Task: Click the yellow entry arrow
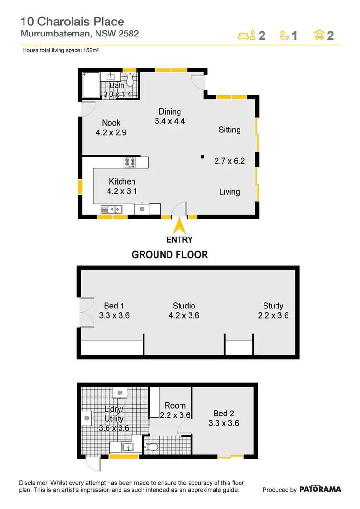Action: [180, 225]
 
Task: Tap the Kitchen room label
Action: [122, 182]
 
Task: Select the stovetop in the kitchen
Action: [130, 163]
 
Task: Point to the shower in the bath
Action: [91, 85]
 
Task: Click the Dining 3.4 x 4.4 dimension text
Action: [170, 121]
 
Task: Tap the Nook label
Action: [111, 123]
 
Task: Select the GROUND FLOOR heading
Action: [170, 254]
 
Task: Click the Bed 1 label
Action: [114, 306]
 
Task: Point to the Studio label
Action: [184, 306]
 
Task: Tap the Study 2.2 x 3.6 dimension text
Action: [273, 316]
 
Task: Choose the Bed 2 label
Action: [224, 414]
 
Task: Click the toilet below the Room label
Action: [153, 447]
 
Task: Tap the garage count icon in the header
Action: [319, 36]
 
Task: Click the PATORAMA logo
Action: [321, 489]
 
